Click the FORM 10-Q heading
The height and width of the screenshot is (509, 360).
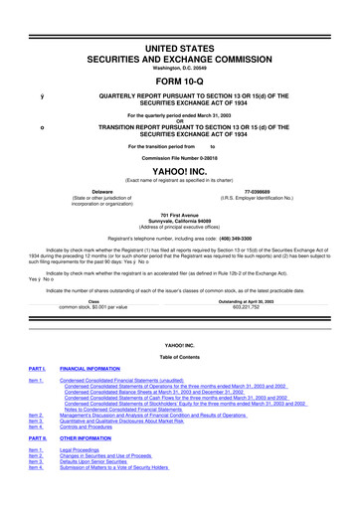180,55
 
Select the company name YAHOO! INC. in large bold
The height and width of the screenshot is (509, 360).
180,167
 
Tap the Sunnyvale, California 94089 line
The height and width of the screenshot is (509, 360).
180,222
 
